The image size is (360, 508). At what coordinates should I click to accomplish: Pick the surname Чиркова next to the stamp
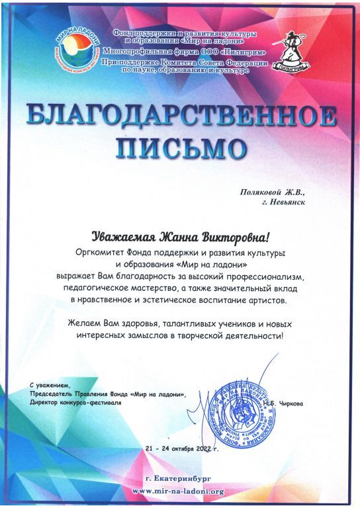pos(291,402)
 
